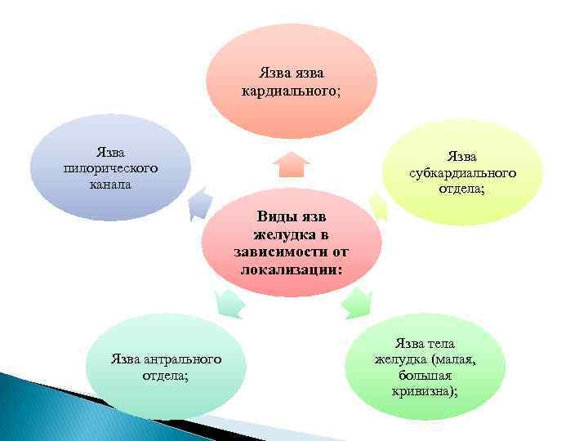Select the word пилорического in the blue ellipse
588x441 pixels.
coord(110,167)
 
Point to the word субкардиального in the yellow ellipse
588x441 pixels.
coord(462,172)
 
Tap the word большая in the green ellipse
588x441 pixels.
coord(425,375)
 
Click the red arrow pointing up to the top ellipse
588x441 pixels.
coord(291,164)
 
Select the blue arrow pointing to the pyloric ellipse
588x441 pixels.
coord(198,205)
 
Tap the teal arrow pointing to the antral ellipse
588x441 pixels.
coord(229,303)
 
